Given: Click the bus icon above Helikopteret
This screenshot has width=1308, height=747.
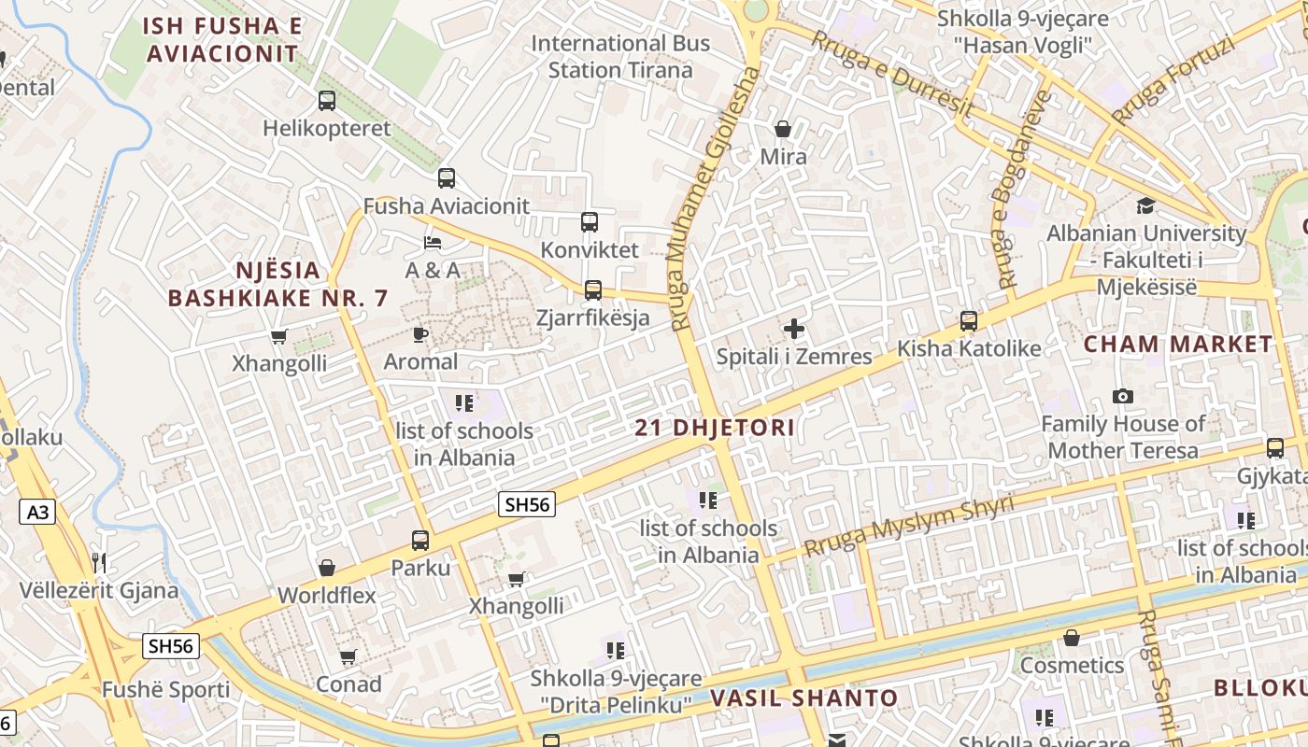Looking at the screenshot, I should pos(326,101).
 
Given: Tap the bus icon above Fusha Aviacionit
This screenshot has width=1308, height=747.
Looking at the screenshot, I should pos(447,177).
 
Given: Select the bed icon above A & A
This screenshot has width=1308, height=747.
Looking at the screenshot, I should pos(432,243).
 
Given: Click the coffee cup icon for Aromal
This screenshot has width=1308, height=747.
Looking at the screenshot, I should pos(420,334).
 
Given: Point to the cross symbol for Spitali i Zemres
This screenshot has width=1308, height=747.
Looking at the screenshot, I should pos(793,329).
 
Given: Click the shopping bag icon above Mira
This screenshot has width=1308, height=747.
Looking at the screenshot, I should pos(783,129).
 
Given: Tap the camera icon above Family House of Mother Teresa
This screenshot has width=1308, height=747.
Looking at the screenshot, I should pos(1123,396).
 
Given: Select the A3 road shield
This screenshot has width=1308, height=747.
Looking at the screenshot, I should pos(36,511).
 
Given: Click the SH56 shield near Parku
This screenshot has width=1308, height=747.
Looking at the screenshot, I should pos(527,504).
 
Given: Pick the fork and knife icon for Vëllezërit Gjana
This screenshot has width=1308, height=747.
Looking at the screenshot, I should pos(99,562).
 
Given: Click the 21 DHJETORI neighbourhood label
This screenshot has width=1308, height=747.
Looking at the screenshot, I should pos(715,429).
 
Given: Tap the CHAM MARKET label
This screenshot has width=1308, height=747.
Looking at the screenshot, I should pos(1177,344).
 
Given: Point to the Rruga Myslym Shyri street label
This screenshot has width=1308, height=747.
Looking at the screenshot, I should pos(908,527).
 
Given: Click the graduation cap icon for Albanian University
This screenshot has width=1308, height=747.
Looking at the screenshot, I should pos(1145,205).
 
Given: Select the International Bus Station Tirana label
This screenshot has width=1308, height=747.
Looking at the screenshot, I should pos(620,56).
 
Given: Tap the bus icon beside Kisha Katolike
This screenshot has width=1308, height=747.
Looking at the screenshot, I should pos(969,321).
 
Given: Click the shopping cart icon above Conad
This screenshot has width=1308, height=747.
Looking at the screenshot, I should pos(348,656).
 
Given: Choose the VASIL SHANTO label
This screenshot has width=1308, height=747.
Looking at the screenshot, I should pos(803,698).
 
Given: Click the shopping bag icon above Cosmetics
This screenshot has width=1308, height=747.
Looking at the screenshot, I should pos(1072,638).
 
